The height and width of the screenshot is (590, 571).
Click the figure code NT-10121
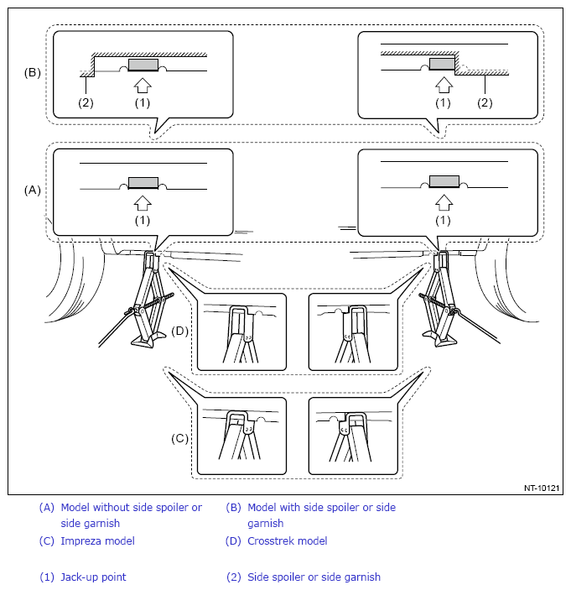pos(542,488)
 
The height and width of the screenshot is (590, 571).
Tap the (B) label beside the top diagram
pos(33,72)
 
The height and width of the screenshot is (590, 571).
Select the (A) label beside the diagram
pos(33,190)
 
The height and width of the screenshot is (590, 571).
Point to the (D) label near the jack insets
pos(179,331)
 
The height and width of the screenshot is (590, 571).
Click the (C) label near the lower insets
pos(179,438)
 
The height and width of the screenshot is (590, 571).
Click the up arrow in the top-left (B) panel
pos(143,86)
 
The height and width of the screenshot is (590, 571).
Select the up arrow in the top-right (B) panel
pos(444,85)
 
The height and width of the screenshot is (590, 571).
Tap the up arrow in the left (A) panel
pos(143,203)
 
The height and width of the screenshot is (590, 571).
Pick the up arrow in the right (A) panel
pos(444,202)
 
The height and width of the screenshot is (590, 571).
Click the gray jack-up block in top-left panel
pos(143,65)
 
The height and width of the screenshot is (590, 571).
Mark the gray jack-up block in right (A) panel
pos(444,181)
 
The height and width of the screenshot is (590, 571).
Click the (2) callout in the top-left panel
pos(86,102)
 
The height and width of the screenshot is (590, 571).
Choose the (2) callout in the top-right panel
pos(485,102)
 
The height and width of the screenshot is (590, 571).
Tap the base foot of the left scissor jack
pos(148,340)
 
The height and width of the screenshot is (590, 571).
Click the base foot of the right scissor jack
pos(440,339)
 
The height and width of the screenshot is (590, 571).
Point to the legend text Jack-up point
pos(93,577)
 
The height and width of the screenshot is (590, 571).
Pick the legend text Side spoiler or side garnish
pos(314,577)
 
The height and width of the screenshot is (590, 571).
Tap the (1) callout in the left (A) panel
pos(143,220)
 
